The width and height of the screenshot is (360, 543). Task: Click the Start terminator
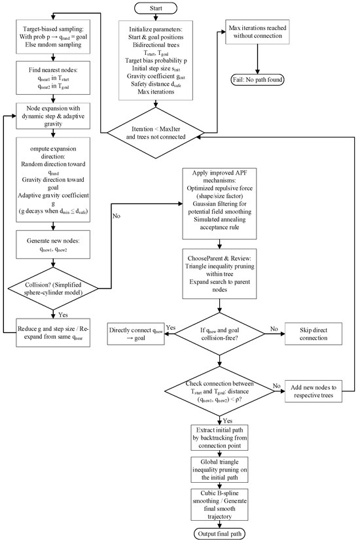pyautogui.click(x=156, y=9)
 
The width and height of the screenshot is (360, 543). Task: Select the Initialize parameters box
pyautogui.click(x=156, y=60)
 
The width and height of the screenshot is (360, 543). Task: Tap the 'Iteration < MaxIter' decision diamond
pyautogui.click(x=156, y=133)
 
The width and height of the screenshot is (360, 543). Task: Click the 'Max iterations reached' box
pyautogui.click(x=257, y=32)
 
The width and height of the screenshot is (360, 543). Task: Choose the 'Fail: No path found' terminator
pyautogui.click(x=257, y=80)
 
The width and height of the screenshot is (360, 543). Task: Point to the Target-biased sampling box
pyautogui.click(x=53, y=37)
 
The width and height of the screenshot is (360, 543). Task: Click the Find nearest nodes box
pyautogui.click(x=53, y=78)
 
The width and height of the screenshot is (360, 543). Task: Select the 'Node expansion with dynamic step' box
pyautogui.click(x=53, y=116)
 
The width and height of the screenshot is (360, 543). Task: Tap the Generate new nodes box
pyautogui.click(x=53, y=245)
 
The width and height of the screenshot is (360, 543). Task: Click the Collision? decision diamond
pyautogui.click(x=53, y=289)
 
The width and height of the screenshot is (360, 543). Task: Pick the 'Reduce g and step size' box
pyautogui.click(x=53, y=332)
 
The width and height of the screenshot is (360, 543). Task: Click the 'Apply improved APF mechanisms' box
pyautogui.click(x=219, y=203)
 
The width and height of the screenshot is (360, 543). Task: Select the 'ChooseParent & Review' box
pyautogui.click(x=219, y=273)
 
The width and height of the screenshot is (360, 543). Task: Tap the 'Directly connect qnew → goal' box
pyautogui.click(x=136, y=334)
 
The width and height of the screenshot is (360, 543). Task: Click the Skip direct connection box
pyautogui.click(x=314, y=334)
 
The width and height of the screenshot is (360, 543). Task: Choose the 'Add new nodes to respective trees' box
pyautogui.click(x=314, y=391)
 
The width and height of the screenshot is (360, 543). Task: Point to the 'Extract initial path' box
pyautogui.click(x=219, y=438)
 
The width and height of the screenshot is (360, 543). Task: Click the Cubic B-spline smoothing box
pyautogui.click(x=219, y=504)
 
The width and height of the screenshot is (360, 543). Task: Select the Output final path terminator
pyautogui.click(x=219, y=534)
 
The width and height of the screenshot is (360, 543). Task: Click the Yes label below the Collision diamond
pyautogui.click(x=63, y=315)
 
